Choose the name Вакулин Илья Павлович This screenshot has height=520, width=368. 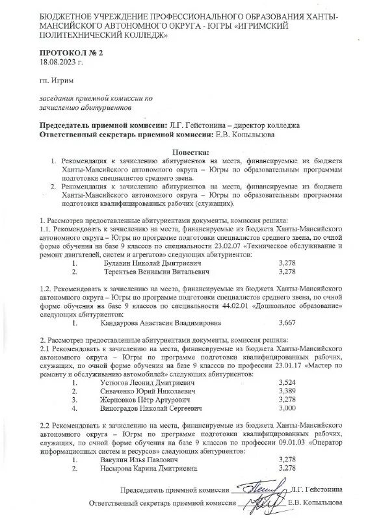coord(131,459)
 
